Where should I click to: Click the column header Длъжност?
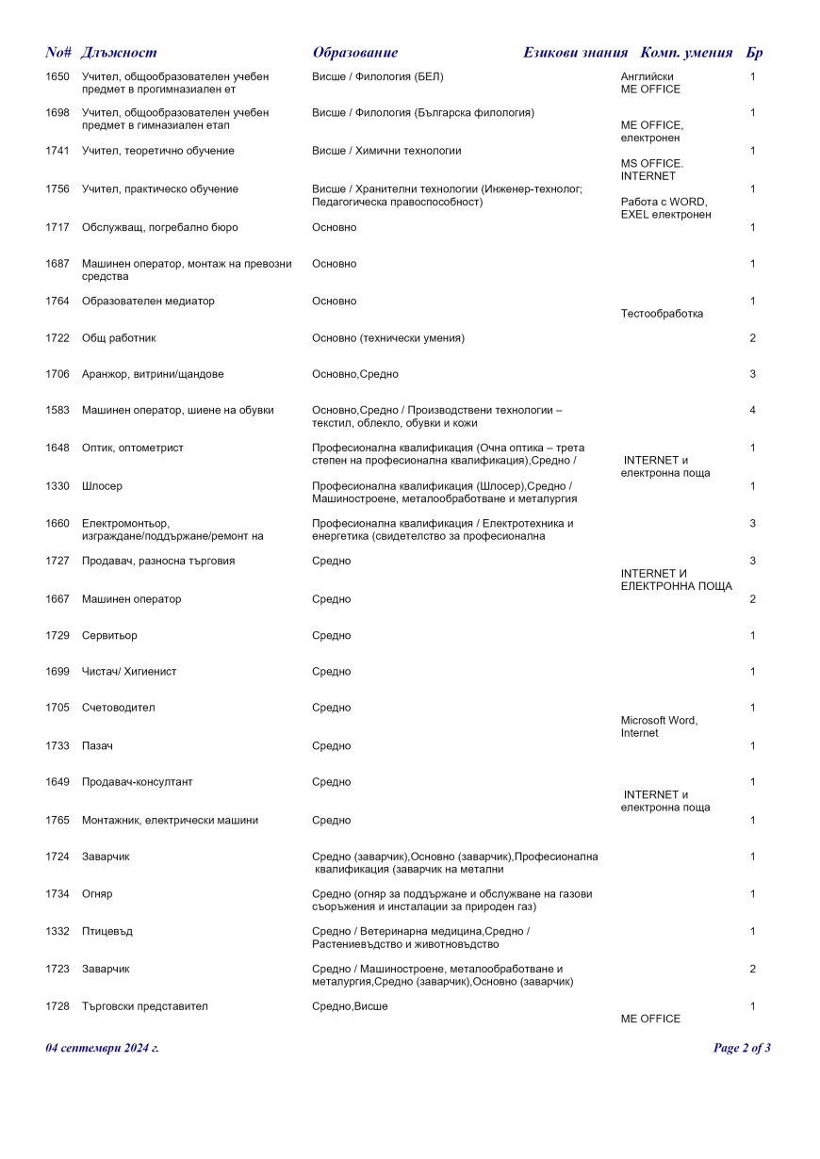[x=119, y=53]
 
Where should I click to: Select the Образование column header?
[x=355, y=53]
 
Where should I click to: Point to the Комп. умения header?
[x=686, y=53]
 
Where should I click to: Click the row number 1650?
[x=57, y=76]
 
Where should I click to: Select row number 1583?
[x=57, y=411]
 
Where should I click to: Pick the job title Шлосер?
[x=102, y=486]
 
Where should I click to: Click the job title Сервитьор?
[x=109, y=636]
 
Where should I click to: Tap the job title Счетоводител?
[x=118, y=708]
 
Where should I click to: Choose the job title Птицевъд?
[x=107, y=932]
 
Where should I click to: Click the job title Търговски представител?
[x=145, y=1006]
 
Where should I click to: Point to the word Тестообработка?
[x=662, y=314]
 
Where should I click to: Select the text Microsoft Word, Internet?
[x=659, y=726]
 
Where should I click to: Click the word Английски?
[x=647, y=76]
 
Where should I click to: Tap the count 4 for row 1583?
[x=752, y=411]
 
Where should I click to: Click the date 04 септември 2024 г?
[x=102, y=1048]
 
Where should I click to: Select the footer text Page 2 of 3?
[x=742, y=1048]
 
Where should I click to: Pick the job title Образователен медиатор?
[x=148, y=302]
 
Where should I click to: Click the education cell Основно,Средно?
[x=355, y=375]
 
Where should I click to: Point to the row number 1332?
[x=57, y=932]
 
